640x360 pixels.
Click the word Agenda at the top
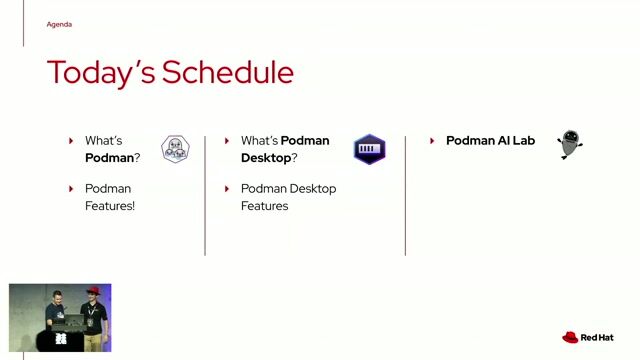pos(59,24)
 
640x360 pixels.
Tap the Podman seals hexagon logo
pos(175,149)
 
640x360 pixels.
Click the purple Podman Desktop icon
pos(369,149)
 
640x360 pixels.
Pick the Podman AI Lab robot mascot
pos(569,144)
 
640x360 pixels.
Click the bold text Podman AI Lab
pos(490,141)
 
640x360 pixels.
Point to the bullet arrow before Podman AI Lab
pos(431,141)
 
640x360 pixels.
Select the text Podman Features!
pos(109,197)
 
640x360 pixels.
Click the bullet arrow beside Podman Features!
pos(71,188)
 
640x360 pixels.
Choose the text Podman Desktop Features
pos(288,197)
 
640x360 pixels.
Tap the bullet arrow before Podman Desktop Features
pos(227,188)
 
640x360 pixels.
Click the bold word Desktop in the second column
pos(265,158)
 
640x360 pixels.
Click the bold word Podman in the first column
pos(108,158)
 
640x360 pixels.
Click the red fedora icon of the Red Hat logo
pos(570,338)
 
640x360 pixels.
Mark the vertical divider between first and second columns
pos(205,195)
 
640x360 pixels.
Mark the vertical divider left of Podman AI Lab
pos(405,195)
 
